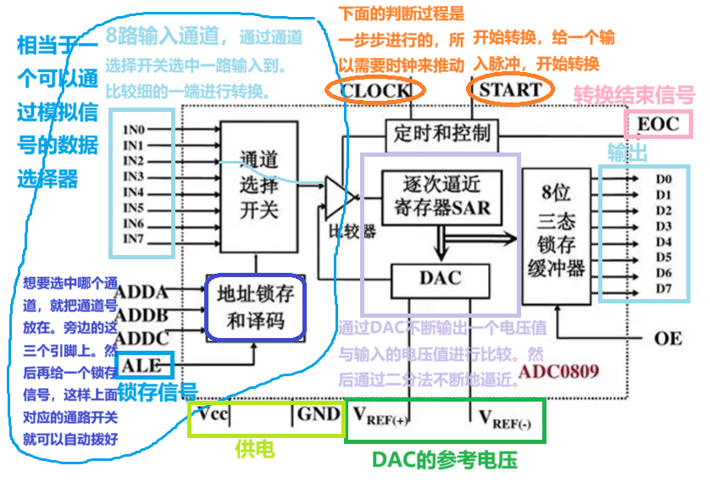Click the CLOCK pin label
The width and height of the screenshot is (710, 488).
[374, 89]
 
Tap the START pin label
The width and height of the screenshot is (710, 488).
[510, 88]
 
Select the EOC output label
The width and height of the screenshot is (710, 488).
[658, 125]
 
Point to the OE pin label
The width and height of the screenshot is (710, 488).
[668, 338]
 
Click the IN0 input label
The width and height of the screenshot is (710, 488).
[134, 130]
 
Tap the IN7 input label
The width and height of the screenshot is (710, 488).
[134, 239]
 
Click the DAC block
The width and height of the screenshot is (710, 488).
[441, 277]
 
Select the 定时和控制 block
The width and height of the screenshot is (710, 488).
[442, 133]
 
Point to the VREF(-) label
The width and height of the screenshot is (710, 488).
[505, 417]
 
